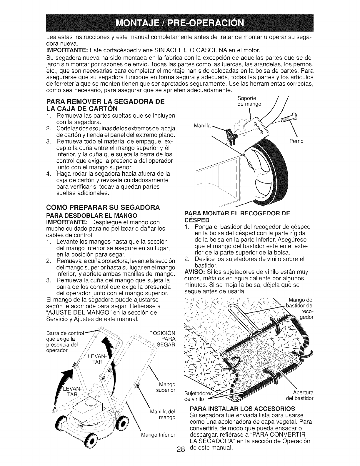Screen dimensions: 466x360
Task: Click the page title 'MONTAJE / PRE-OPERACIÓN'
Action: [x=180, y=23]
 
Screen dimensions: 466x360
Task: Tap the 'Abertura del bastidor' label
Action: [x=299, y=396]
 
